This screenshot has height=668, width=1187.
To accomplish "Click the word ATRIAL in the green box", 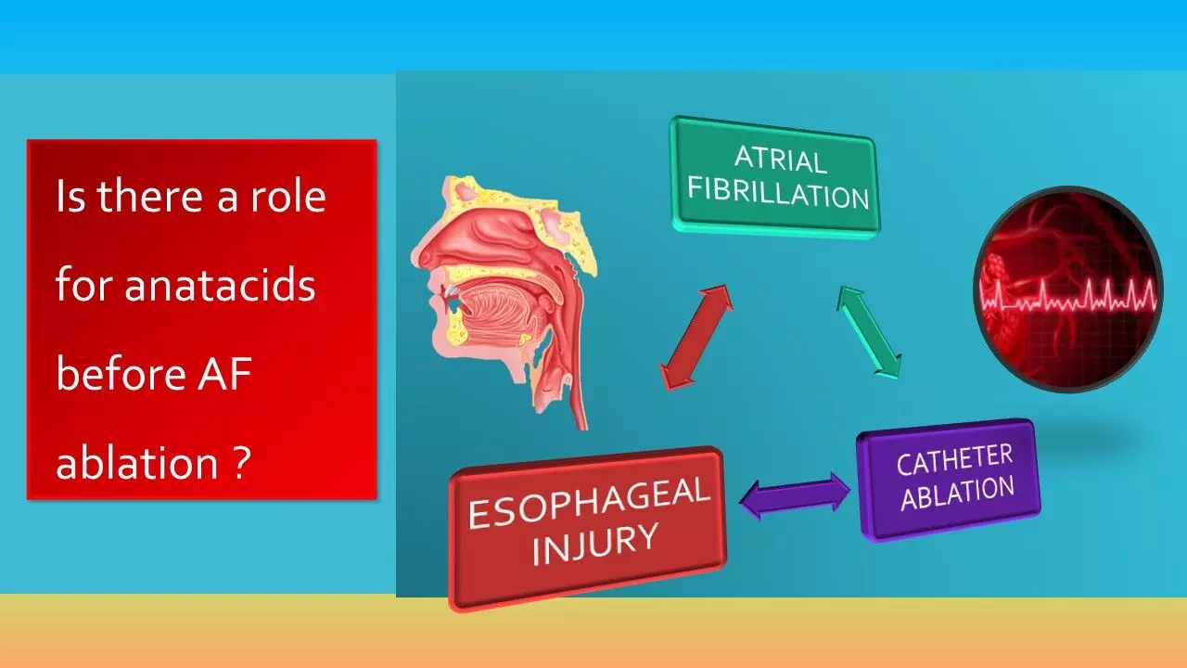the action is [x=780, y=159].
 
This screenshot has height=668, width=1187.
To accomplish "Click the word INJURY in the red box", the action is [x=595, y=544].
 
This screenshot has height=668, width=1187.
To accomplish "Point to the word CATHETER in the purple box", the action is [x=954, y=459].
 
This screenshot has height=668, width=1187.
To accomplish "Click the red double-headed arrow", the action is [x=696, y=337].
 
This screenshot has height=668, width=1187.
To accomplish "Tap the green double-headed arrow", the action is [x=869, y=332].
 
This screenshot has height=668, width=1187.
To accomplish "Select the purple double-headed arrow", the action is [x=795, y=495].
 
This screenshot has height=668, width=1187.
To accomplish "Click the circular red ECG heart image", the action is [x=1068, y=289].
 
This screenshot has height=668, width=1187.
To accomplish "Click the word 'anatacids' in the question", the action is [x=220, y=286].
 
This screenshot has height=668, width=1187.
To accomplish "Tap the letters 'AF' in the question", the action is [x=224, y=374].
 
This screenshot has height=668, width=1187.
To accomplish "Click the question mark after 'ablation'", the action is [x=240, y=462].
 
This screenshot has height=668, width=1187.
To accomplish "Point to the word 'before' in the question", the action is [x=121, y=374].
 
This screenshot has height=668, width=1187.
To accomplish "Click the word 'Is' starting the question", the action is [x=70, y=196].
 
